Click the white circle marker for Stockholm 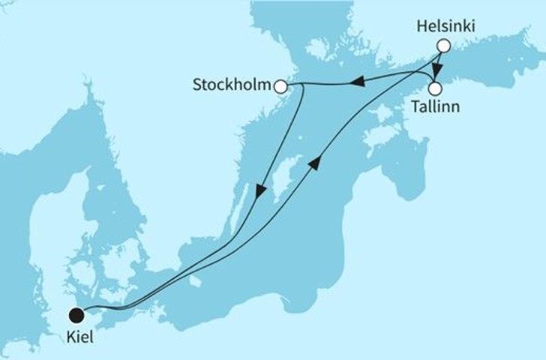[x=281, y=87]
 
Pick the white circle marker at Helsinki [x=443, y=46]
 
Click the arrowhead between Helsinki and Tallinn [x=437, y=72]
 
